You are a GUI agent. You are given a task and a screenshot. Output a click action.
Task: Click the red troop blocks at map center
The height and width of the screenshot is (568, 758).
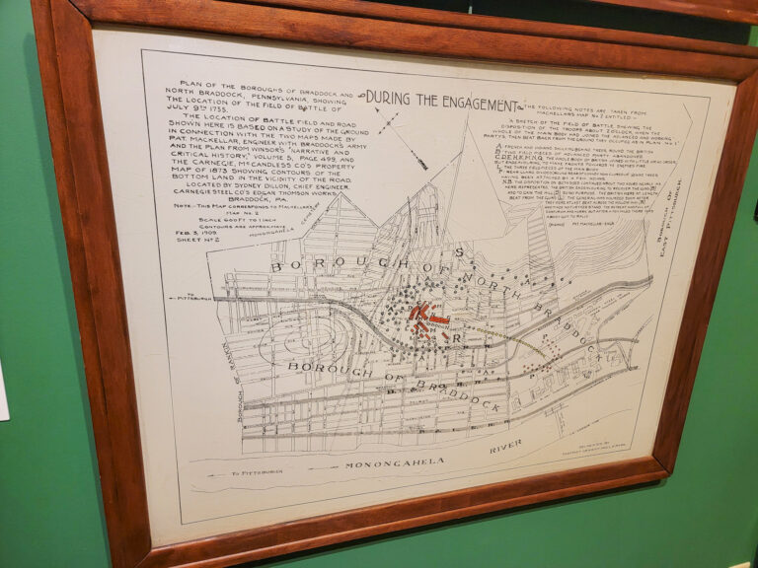coord(429,318)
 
